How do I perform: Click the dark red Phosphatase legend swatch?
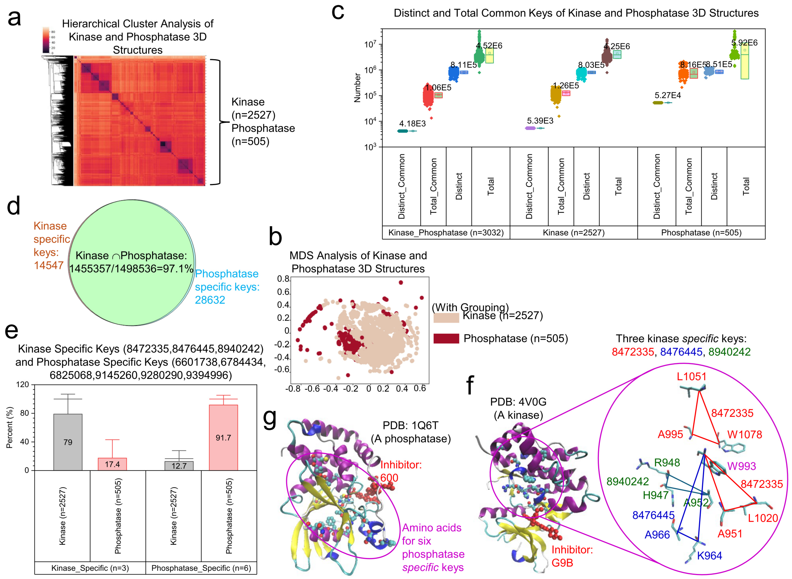click(x=446, y=338)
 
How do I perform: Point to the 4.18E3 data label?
click(x=412, y=123)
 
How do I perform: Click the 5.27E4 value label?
click(x=667, y=95)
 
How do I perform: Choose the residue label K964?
click(x=709, y=555)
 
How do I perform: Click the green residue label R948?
click(x=667, y=463)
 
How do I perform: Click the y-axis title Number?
click(x=357, y=88)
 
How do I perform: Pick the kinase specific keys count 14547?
click(x=48, y=265)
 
